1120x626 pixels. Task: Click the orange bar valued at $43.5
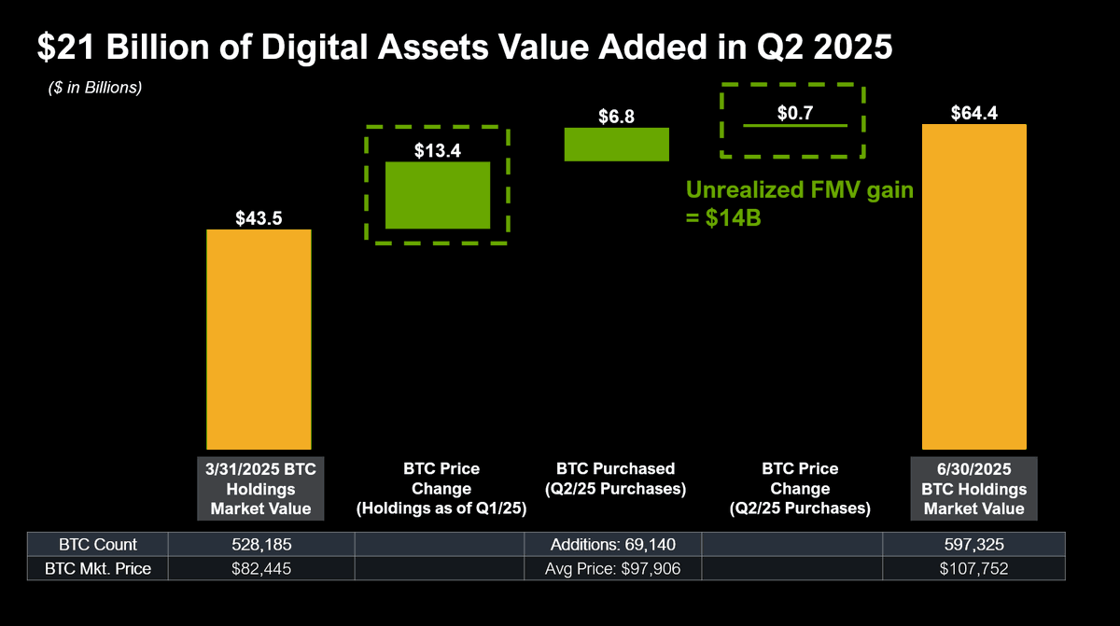click(259, 340)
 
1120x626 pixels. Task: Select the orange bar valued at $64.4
click(973, 286)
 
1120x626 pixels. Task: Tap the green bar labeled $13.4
click(438, 195)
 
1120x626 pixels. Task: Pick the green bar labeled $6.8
click(617, 145)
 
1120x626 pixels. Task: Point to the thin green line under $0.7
click(794, 125)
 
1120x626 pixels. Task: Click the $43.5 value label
click(259, 218)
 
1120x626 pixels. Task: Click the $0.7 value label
click(794, 113)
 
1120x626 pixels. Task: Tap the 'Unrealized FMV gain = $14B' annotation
click(800, 204)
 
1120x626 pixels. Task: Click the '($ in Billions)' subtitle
click(95, 89)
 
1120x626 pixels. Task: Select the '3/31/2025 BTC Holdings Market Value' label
click(259, 488)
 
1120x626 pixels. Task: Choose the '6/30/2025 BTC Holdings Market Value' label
click(973, 488)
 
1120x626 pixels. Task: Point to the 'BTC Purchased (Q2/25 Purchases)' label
click(615, 479)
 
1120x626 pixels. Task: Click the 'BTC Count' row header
click(97, 545)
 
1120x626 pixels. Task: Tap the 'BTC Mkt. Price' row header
click(97, 568)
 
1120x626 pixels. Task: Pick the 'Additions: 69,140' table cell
click(612, 545)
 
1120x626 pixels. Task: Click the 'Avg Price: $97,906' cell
click(612, 568)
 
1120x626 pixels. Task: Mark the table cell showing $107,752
click(973, 568)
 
